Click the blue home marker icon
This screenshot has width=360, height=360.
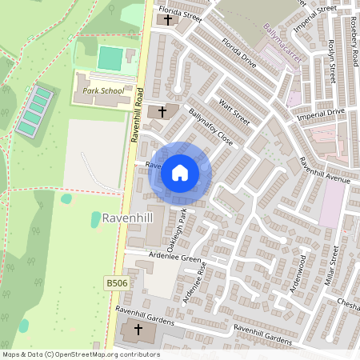[180, 172]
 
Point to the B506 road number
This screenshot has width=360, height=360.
[116, 283]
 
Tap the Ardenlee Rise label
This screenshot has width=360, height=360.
[194, 283]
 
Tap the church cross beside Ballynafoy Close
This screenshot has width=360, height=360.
[162, 111]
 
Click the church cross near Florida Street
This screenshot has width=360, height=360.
[168, 19]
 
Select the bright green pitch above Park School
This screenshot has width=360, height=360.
[109, 58]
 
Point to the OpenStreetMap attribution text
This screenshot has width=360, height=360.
[80, 354]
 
